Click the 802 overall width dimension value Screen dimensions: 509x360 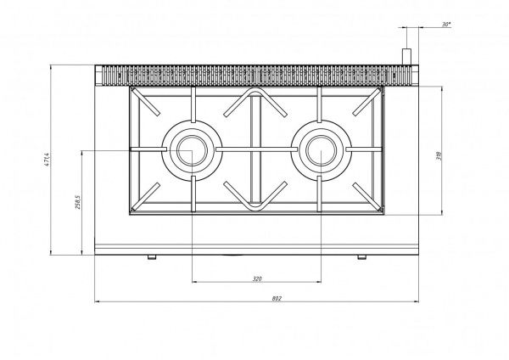pos(277,298)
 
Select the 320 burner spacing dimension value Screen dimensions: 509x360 pos(257,278)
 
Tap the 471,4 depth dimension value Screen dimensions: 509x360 pos(47,160)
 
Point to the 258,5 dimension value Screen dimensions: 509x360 pos(78,202)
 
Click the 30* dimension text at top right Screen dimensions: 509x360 pos(446,25)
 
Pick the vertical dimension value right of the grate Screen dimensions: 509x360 pos(439,156)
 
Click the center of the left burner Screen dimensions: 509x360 pos(192,150)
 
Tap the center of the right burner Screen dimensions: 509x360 pos(321,150)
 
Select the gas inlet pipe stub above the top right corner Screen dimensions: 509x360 pos(406,57)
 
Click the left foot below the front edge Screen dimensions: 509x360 pos(152,257)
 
